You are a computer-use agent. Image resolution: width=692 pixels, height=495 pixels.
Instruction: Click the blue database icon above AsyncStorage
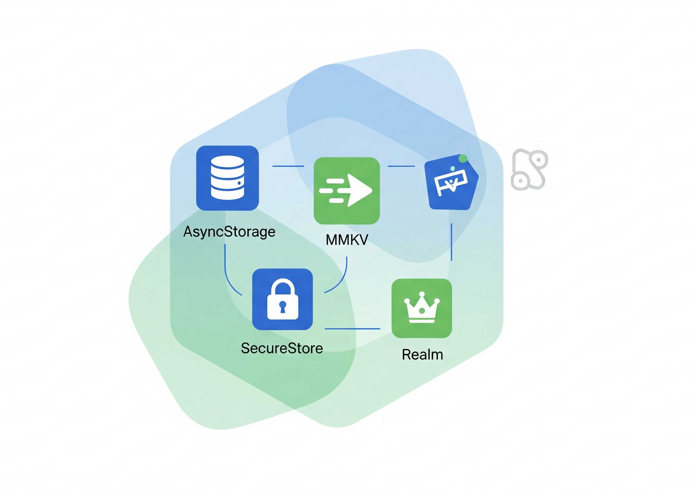[227, 178]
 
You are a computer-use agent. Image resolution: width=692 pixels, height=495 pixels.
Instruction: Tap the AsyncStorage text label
[229, 232]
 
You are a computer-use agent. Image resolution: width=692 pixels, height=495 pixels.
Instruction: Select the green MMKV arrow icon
[347, 191]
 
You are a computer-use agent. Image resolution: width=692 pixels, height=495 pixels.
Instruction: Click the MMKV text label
[347, 240]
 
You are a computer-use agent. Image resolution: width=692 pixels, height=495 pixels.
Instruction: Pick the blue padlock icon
[282, 299]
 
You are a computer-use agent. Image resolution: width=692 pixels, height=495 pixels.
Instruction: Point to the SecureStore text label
[282, 348]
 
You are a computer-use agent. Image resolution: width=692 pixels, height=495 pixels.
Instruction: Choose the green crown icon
[422, 308]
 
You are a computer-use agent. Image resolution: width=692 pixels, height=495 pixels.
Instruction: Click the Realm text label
[422, 355]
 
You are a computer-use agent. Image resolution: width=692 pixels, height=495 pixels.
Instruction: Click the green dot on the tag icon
[463, 159]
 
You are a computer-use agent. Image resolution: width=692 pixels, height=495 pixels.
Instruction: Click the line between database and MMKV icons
[288, 166]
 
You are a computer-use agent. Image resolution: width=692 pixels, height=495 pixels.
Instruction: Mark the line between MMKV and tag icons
[401, 166]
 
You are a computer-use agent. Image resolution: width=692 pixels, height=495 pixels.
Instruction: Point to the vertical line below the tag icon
[451, 242]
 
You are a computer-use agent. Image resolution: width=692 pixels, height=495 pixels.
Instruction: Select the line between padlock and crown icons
[352, 329]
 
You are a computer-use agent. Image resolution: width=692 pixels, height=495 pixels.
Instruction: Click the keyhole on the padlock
[283, 306]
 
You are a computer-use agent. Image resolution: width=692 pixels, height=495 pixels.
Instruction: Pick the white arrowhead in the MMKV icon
[360, 190]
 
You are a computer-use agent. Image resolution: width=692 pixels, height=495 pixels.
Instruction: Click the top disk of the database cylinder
[227, 162]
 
